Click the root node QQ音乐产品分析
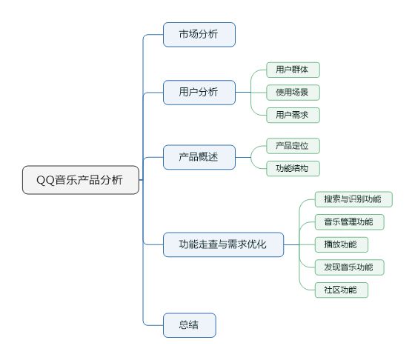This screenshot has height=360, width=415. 81,180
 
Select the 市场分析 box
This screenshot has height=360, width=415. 199,35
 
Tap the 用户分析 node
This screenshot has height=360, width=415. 199,93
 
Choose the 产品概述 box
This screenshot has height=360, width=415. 199,157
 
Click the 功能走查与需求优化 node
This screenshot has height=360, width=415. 223,244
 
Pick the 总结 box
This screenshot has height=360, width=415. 190,325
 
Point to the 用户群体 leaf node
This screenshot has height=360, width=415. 293,70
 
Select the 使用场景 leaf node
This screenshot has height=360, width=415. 293,93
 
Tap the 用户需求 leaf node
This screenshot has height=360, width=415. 293,115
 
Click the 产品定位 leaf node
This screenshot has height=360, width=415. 293,146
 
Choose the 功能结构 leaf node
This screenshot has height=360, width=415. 293,168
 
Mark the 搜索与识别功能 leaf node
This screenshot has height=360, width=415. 353,199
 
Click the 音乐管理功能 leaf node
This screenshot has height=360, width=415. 349,222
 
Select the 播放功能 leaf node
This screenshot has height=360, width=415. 342,244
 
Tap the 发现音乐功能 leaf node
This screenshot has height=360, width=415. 349,267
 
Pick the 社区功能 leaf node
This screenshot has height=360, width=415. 342,290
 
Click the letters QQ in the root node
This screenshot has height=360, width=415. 45,181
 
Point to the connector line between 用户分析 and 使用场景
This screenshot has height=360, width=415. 251,93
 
